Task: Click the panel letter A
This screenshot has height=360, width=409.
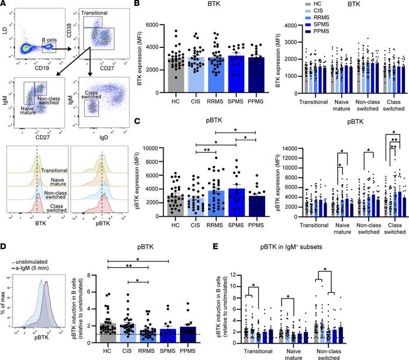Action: click(5, 5)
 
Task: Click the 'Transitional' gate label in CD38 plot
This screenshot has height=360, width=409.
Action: click(95, 12)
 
